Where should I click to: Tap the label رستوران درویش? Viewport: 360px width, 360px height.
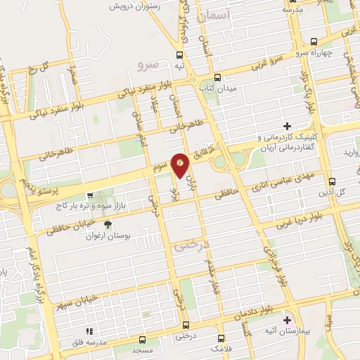click(139, 6)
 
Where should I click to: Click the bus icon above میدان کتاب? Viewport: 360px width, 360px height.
click(217, 78)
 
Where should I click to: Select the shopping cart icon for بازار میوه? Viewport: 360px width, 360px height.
click(89, 196)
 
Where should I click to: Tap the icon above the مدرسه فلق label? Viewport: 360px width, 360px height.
click(89, 331)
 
